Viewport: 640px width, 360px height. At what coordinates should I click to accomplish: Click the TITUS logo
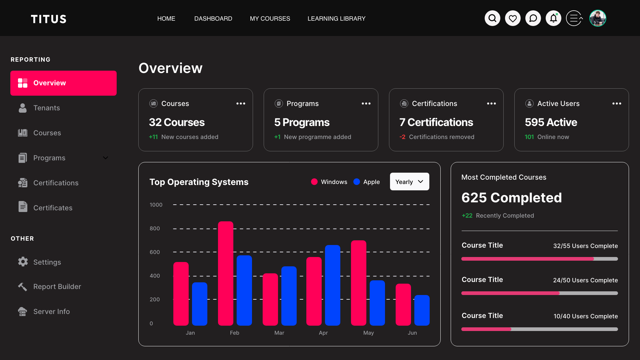point(49,19)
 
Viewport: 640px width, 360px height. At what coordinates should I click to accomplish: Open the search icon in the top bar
point(492,18)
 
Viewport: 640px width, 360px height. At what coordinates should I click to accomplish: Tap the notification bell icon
point(553,18)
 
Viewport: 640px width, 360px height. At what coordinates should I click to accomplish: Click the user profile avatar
point(598,18)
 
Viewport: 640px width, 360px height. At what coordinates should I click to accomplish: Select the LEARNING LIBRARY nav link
point(336,19)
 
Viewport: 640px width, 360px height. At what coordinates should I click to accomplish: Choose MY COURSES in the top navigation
point(270,19)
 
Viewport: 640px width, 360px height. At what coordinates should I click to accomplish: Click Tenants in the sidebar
point(47,108)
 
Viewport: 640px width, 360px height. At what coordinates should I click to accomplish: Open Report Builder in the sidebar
point(57,287)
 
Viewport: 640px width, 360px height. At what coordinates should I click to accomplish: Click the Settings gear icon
point(23,262)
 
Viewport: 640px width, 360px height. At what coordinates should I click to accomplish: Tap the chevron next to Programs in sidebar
point(105,158)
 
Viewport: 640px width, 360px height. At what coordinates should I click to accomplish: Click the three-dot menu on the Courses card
point(241,104)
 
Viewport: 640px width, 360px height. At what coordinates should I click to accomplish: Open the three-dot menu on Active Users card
point(617,104)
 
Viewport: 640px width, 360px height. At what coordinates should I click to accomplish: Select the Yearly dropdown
point(409,182)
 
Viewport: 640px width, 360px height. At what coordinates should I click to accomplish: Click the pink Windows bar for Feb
point(226,273)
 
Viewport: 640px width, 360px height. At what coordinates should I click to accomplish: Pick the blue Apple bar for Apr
point(333,285)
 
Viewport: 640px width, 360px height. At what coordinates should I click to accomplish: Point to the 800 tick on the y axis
point(155,229)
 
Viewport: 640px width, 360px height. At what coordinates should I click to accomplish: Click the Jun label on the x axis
point(412,333)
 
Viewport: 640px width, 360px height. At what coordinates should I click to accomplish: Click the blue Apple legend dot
point(357,182)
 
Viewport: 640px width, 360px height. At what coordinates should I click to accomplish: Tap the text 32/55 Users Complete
point(585,246)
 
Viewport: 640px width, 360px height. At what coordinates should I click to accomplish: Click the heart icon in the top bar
point(513,18)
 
